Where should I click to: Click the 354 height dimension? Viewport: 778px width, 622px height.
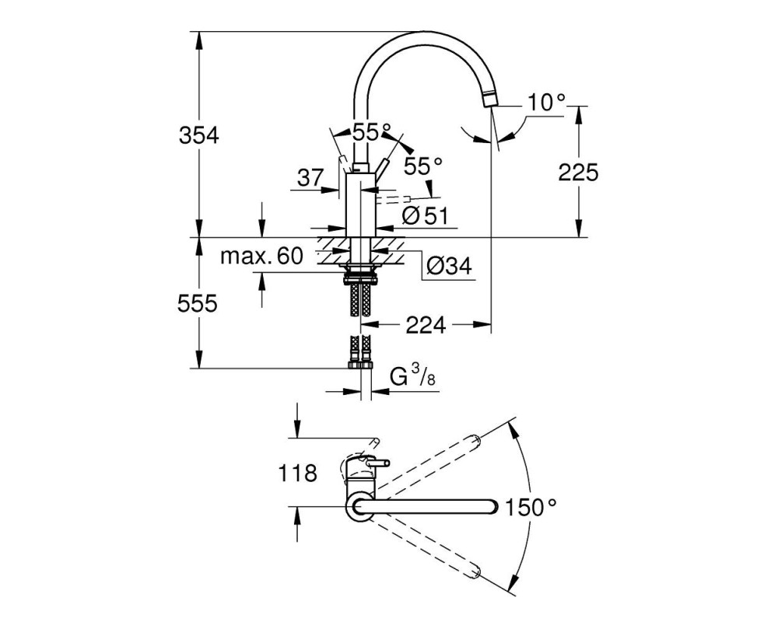point(198,135)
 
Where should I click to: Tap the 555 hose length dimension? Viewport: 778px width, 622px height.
point(198,303)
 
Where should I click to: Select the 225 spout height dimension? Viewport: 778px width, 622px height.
point(579,173)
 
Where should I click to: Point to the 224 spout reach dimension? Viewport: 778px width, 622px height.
point(426,326)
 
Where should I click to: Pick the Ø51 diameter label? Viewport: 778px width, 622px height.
point(425,216)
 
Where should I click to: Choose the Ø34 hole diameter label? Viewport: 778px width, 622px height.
point(449,267)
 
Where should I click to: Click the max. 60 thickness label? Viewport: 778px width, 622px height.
point(261,256)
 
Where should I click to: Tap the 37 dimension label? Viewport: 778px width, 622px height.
point(310,177)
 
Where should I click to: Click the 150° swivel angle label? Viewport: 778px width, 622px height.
point(531,507)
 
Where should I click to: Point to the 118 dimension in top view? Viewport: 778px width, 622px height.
point(297,473)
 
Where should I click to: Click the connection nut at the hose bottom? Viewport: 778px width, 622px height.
point(360,365)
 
